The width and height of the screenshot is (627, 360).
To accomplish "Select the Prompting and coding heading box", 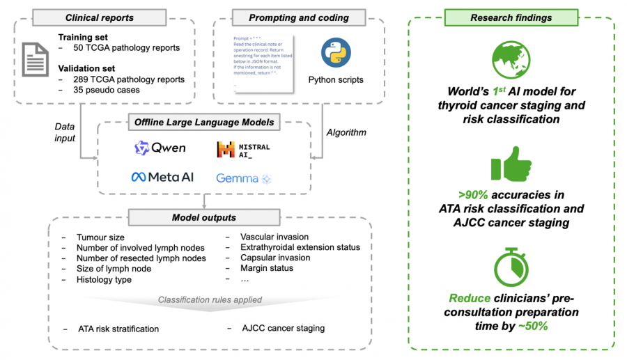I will (x=298, y=17).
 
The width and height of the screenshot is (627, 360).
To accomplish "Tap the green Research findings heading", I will (x=511, y=17).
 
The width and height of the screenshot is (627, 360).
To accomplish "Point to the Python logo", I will (x=335, y=54).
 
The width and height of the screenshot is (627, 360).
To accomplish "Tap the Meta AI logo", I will (x=162, y=178).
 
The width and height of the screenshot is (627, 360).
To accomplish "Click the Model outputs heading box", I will (x=204, y=218).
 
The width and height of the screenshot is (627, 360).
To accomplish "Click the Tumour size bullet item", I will (x=100, y=237).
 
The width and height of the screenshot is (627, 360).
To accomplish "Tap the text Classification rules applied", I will (x=209, y=300).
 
